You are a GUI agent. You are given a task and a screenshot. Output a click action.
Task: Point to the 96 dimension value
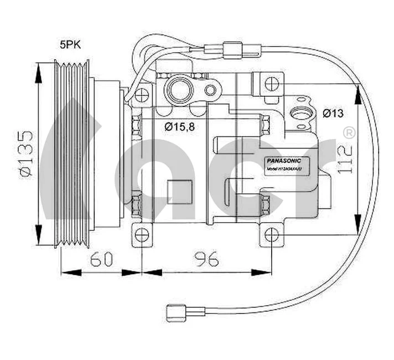pos(206,258)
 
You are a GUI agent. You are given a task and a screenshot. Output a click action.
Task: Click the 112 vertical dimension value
pos(346,158)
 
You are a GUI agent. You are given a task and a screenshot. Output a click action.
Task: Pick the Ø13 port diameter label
pos(333,114)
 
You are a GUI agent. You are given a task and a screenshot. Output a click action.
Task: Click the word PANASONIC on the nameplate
pos(284,160)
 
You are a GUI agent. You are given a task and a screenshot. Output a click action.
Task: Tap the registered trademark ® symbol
pos(350,133)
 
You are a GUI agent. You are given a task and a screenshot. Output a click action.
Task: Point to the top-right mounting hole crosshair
pos(270,84)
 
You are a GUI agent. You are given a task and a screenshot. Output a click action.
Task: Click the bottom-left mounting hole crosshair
pos(143,234)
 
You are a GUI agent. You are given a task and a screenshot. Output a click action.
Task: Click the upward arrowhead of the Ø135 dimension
pos(39,73)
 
